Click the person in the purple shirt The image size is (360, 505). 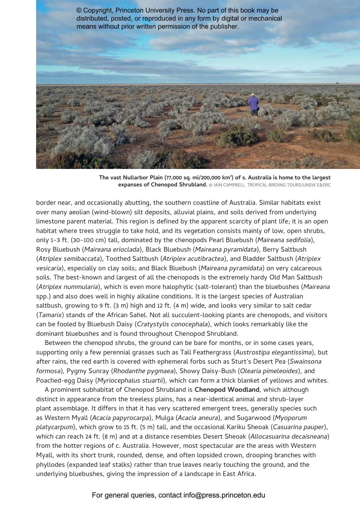pos(253,104)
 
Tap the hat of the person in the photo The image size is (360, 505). pos(253,95)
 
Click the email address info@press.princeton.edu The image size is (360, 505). pos(224,495)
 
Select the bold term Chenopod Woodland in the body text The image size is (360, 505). pos(227,390)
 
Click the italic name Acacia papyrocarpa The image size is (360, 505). pos(121,418)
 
